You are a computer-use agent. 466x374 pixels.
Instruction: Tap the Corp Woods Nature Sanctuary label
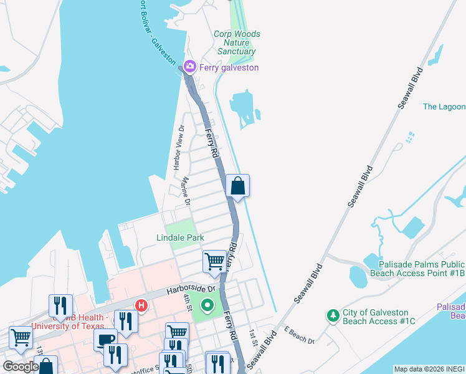[237, 42]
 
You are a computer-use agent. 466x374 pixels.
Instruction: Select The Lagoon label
[444, 107]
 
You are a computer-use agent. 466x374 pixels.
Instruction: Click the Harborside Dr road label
[190, 290]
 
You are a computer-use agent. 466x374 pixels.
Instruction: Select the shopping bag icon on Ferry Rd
[237, 186]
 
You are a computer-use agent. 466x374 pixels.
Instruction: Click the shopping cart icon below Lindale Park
[215, 261]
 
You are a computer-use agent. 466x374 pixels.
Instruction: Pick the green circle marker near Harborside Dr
[207, 305]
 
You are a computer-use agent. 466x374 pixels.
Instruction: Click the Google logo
[21, 367]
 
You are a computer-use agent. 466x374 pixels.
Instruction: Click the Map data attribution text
[429, 369]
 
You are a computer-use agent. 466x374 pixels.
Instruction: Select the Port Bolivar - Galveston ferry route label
[156, 31]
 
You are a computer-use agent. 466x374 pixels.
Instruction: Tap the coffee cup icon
[105, 340]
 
